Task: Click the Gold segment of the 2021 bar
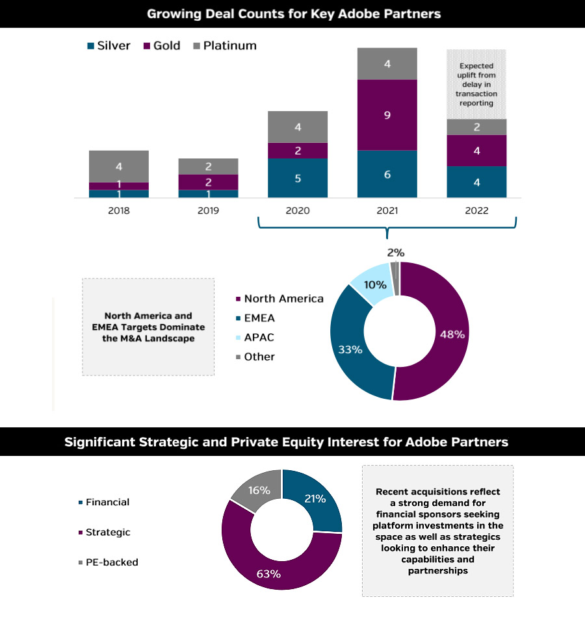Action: coord(387,115)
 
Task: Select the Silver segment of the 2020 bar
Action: coord(298,177)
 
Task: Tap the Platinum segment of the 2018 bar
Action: coord(119,166)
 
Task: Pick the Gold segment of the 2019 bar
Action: coord(208,182)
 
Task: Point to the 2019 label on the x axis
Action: coord(208,211)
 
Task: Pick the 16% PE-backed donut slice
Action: coord(257,490)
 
